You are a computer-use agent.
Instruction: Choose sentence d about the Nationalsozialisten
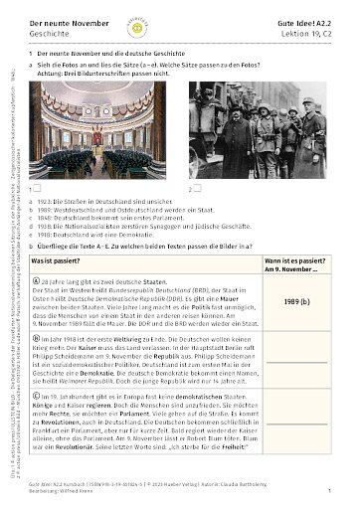[140, 227]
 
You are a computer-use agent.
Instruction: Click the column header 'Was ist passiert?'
[64, 258]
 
